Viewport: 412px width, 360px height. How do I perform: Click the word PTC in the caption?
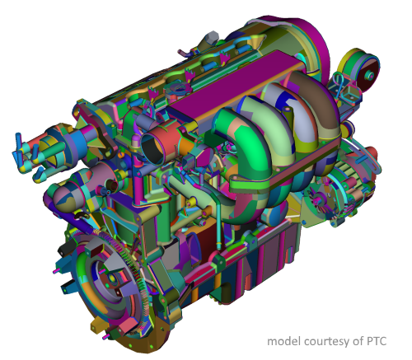pyautogui.click(x=377, y=341)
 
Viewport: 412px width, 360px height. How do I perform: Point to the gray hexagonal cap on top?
pyautogui.click(x=211, y=36)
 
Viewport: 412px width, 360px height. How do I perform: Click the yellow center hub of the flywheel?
pyautogui.click(x=112, y=278)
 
